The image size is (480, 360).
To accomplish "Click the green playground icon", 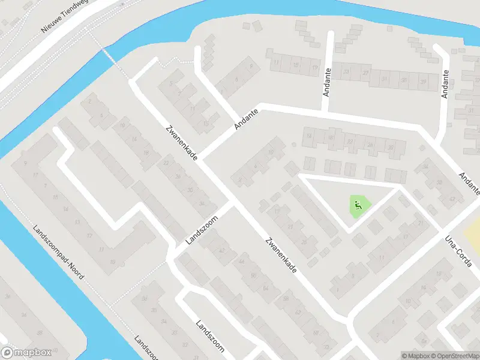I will pos(358,205).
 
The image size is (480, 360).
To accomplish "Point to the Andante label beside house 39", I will pos(445,84).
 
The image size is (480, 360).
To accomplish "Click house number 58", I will pos(286,298).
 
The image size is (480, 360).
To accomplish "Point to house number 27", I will pos(366,73).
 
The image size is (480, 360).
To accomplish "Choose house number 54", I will pos(265,289).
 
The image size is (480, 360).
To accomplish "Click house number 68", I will pos(316,333).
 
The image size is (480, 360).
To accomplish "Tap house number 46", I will pos(242,262).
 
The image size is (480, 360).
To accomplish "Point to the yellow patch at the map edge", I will pos(472,232).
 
